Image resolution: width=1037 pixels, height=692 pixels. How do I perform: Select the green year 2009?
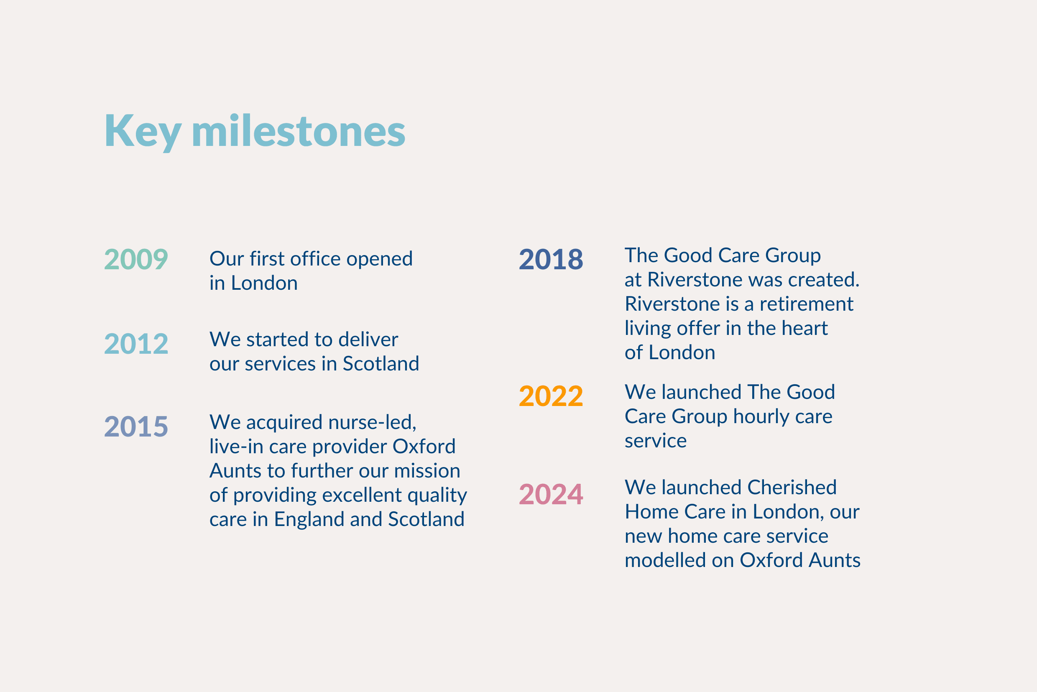pyautogui.click(x=136, y=259)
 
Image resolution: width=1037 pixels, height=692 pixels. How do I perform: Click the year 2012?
pyautogui.click(x=136, y=344)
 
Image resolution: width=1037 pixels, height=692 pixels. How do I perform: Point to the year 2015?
pyautogui.click(x=136, y=427)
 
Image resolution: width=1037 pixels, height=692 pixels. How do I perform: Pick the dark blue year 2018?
pyautogui.click(x=551, y=259)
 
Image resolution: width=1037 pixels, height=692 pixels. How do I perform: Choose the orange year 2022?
pyautogui.click(x=551, y=396)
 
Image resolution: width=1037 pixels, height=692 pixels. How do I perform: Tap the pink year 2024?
pyautogui.click(x=551, y=494)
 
